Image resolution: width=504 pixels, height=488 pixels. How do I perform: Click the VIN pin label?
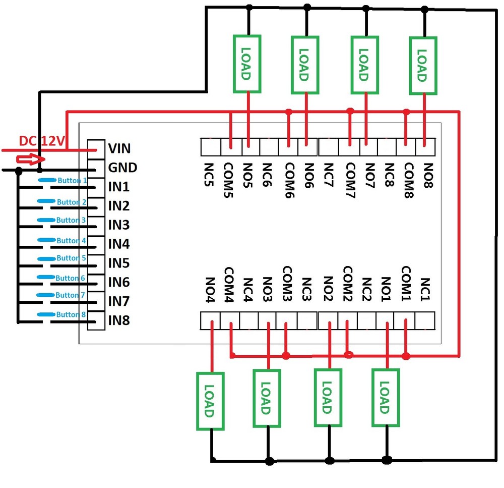[119, 148]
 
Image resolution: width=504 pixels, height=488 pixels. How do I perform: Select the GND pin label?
[122, 168]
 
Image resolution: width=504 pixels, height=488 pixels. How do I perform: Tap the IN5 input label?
[119, 263]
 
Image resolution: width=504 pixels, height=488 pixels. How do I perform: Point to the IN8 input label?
[119, 320]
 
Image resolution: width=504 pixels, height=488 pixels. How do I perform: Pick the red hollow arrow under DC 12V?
[28, 160]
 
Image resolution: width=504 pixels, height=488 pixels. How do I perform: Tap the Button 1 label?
[72, 180]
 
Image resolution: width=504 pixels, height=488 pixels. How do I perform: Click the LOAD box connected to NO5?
[247, 64]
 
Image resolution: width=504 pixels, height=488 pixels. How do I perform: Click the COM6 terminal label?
[289, 180]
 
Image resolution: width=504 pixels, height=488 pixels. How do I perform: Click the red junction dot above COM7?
[350, 111]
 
